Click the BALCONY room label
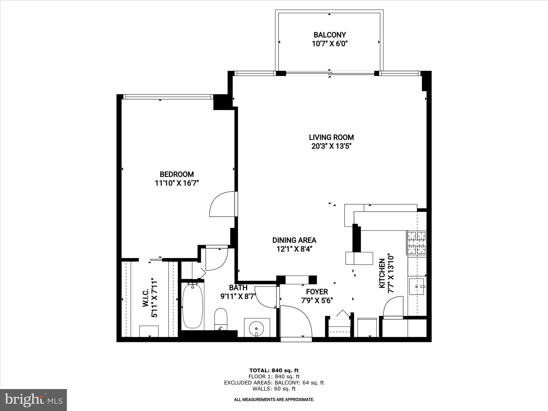330,35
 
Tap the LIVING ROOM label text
331,137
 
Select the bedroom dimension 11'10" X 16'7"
177,183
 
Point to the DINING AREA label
294,240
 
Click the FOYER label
317,292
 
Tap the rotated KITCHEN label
382,273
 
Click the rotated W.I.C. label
146,298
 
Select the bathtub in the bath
192,306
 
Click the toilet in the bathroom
221,318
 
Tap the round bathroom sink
257,328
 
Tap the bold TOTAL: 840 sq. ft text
274,371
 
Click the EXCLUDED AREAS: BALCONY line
274,383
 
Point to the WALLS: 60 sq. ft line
274,389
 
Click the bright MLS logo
33,400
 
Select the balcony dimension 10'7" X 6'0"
330,44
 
